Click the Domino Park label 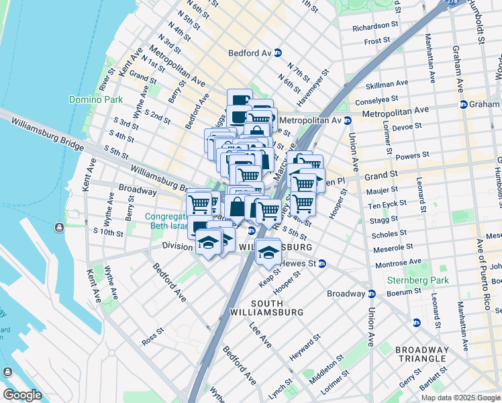click(95, 99)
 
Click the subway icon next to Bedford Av click(277, 52)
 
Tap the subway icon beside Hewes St click(322, 263)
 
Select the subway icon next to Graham click(463, 104)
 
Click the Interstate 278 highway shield click(444, 3)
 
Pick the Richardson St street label click(365, 26)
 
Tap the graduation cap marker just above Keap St click(268, 253)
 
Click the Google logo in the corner click(22, 395)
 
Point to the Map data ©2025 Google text click(460, 398)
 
